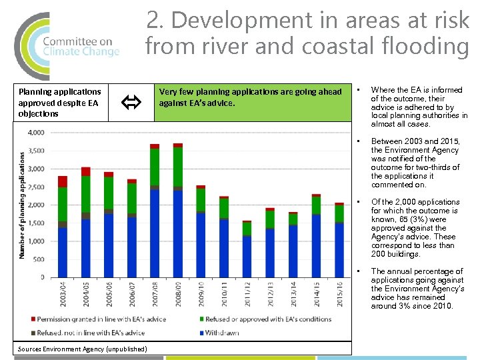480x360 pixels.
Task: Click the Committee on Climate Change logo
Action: point(67,45)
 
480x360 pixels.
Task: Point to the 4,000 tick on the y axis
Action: point(36,133)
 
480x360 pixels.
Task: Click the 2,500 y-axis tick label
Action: point(36,187)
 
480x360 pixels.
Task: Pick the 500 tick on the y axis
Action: point(39,259)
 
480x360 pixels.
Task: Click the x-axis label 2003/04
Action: point(63,293)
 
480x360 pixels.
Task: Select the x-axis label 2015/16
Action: point(339,293)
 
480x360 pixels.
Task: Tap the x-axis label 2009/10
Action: point(201,293)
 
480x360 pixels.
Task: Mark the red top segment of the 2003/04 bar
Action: point(63,181)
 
